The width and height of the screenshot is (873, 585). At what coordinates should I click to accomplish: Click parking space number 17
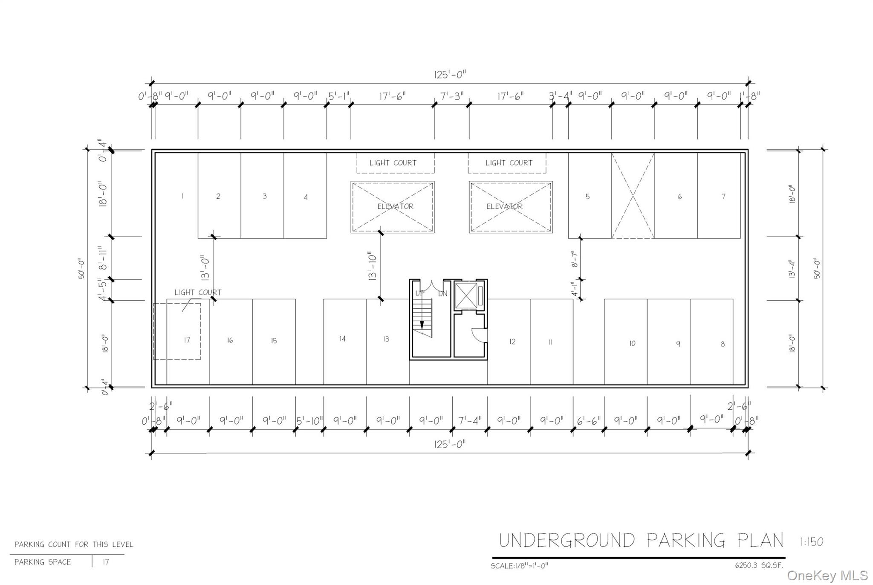point(187,340)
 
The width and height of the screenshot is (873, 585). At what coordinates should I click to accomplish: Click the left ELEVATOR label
point(395,206)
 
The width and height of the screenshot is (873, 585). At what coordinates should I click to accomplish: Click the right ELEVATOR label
point(505,206)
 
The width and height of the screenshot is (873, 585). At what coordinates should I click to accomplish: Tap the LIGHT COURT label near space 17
point(198,292)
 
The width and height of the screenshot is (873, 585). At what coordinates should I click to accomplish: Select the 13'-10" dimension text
point(372,266)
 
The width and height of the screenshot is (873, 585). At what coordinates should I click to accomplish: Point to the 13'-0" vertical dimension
point(205,268)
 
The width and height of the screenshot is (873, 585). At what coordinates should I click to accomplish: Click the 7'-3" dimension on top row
point(452,96)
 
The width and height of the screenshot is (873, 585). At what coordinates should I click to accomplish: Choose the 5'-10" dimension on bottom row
point(310,421)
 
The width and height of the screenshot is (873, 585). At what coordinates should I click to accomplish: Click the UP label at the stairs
point(420,294)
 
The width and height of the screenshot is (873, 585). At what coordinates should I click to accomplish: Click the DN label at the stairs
point(443,294)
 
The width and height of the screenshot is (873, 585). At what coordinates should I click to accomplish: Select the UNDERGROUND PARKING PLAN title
point(641,540)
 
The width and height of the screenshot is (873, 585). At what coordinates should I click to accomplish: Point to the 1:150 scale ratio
point(811,542)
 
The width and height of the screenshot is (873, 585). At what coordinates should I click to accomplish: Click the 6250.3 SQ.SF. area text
point(759,566)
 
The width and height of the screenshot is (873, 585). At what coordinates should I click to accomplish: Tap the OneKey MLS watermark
point(827,575)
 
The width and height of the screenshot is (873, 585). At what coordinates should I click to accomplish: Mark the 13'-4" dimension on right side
point(792,269)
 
